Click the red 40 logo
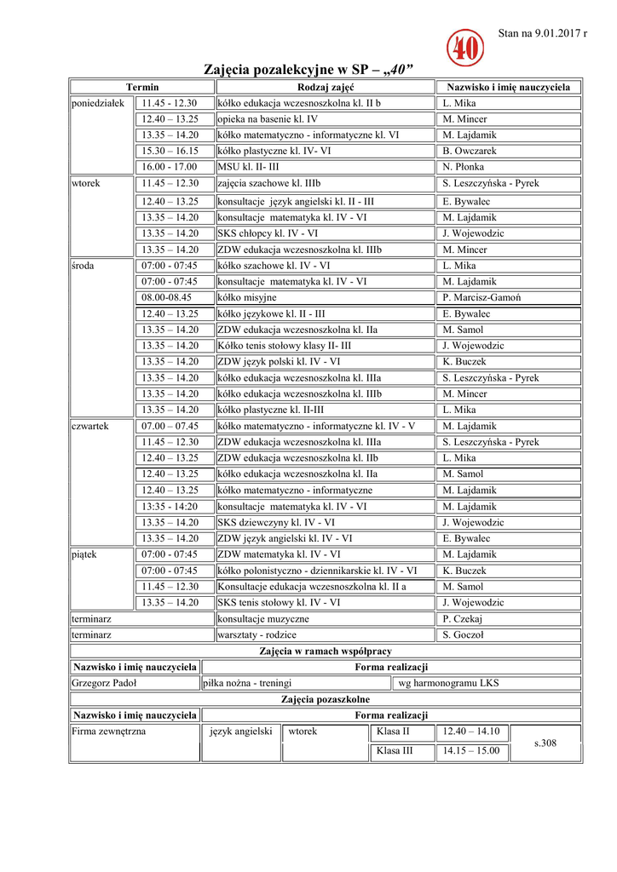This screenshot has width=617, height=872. click(x=464, y=49)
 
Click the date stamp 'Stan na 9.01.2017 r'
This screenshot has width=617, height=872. click(x=542, y=33)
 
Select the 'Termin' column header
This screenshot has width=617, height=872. click(x=141, y=87)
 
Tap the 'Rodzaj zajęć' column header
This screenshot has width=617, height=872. click(x=325, y=87)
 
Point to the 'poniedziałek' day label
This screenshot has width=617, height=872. click(x=98, y=103)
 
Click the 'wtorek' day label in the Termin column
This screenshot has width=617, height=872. click(x=84, y=183)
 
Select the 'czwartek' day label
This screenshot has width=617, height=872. click(x=89, y=426)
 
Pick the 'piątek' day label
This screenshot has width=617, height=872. click(x=84, y=554)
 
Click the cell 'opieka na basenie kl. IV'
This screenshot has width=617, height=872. click(x=268, y=119)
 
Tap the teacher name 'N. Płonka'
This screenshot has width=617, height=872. click(x=464, y=167)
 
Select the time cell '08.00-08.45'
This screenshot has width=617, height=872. click(x=167, y=297)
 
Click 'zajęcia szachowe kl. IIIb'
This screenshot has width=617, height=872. click(x=269, y=183)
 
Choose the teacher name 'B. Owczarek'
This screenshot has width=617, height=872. click(x=470, y=151)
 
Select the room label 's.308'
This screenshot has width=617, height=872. click(x=545, y=743)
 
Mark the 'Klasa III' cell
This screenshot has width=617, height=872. click(x=395, y=751)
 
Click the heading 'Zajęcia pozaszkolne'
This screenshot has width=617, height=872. click(x=325, y=699)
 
